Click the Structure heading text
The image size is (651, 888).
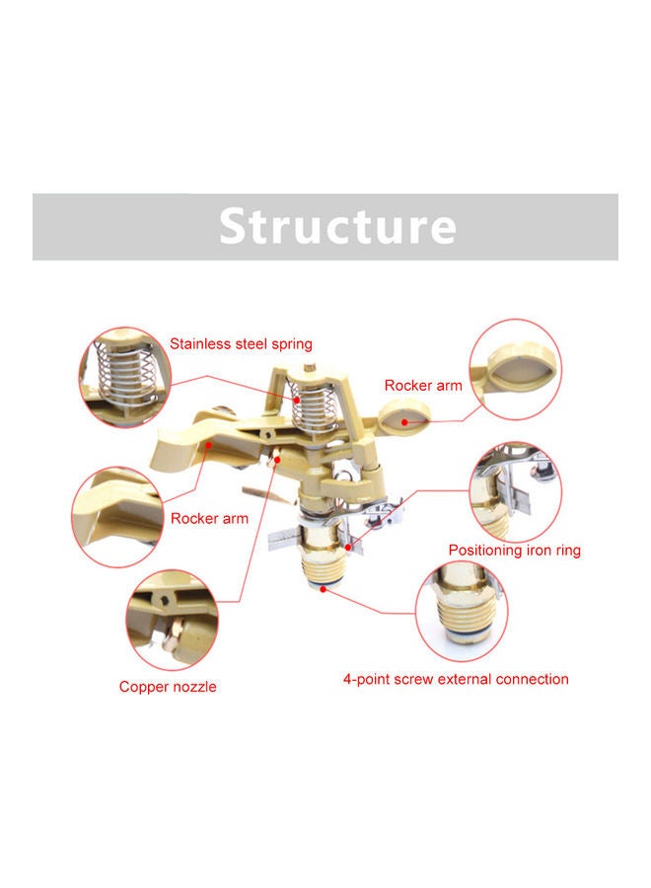pyautogui.click(x=337, y=226)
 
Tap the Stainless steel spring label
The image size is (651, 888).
pyautogui.click(x=241, y=344)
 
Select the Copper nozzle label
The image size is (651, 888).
pyautogui.click(x=168, y=687)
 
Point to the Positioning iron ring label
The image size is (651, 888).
pyautogui.click(x=515, y=551)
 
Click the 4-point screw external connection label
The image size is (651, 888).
pyautogui.click(x=456, y=679)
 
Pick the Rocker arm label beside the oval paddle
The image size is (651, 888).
pyautogui.click(x=423, y=386)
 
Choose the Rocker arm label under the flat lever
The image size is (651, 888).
pyautogui.click(x=209, y=518)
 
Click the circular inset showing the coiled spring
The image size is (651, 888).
pyautogui.click(x=125, y=377)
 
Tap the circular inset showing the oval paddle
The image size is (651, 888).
pyautogui.click(x=515, y=367)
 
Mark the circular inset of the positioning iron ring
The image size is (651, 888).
pyautogui.click(x=517, y=490)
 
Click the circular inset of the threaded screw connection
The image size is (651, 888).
pyautogui.click(x=467, y=611)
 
